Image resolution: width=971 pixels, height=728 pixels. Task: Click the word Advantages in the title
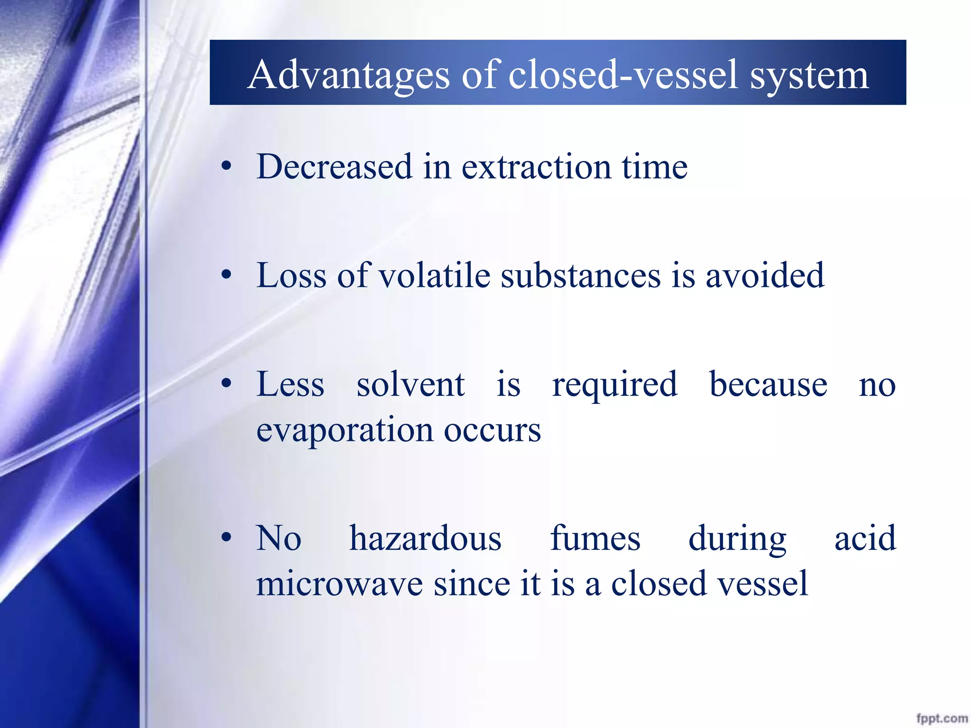tap(348, 75)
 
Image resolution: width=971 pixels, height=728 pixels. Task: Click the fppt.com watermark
tap(942, 718)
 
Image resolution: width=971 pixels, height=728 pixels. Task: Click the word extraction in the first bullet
tap(536, 167)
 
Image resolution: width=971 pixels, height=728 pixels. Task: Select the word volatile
tap(435, 275)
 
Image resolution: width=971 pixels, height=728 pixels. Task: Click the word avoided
tap(765, 275)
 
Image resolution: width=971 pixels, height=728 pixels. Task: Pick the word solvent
tap(410, 384)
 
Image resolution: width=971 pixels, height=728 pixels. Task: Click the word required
tap(614, 385)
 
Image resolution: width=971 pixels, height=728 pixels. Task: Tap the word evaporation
tap(345, 430)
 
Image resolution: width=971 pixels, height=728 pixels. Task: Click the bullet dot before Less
tap(227, 383)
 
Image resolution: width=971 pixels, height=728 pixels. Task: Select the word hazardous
tap(425, 539)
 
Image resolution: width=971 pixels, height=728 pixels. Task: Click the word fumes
tap(595, 539)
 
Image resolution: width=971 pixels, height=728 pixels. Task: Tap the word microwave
tap(339, 583)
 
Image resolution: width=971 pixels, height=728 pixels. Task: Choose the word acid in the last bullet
tap(865, 539)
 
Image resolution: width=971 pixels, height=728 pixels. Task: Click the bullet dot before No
tap(227, 537)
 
